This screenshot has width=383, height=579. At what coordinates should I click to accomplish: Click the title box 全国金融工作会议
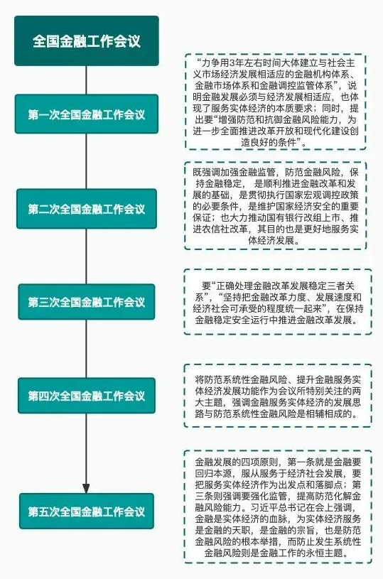tap(87, 40)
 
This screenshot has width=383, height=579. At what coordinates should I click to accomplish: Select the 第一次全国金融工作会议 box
tap(87, 114)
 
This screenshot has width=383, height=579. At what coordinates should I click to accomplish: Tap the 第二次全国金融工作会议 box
tap(87, 209)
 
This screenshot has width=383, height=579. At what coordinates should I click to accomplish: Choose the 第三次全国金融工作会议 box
tap(87, 302)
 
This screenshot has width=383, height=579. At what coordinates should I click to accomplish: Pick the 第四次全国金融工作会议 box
tap(87, 396)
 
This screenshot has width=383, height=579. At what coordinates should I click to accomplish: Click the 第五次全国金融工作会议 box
tap(87, 511)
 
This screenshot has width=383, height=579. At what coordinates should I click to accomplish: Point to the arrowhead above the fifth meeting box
tap(87, 488)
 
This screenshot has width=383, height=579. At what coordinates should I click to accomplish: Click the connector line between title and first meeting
tap(87, 80)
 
